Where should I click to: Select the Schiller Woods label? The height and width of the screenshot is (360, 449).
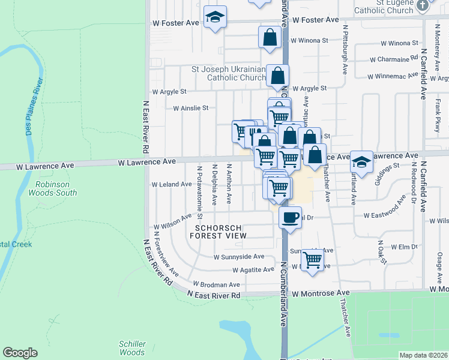(x=132, y=348)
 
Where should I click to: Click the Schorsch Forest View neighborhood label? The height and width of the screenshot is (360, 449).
(x=218, y=232)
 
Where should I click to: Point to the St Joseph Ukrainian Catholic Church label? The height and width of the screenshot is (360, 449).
(x=229, y=73)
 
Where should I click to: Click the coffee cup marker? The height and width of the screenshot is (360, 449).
(x=291, y=217)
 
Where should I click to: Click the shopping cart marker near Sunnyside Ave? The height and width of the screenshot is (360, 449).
(x=312, y=260)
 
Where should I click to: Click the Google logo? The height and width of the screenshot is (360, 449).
(x=20, y=353)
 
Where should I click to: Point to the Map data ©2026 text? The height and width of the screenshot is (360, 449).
(x=424, y=355)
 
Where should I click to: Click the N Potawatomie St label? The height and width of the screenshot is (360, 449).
(x=198, y=184)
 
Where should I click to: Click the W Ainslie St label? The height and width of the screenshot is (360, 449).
(x=190, y=109)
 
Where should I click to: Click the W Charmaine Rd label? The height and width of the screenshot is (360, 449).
(x=394, y=59)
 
